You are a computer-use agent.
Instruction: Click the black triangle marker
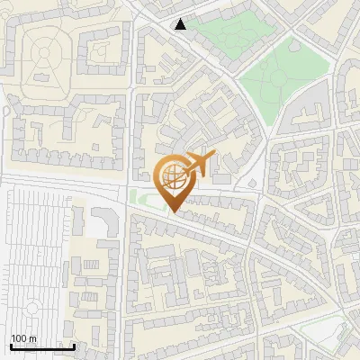click(x=181, y=24)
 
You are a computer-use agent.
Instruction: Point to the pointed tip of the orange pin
click(x=172, y=212)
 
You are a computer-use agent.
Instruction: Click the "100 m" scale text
click(x=23, y=337)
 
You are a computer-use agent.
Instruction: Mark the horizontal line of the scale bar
click(x=41, y=346)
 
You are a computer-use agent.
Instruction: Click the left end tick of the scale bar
click(x=10, y=345)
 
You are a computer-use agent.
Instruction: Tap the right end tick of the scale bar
click(x=74, y=345)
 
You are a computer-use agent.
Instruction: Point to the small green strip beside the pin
click(x=144, y=197)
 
